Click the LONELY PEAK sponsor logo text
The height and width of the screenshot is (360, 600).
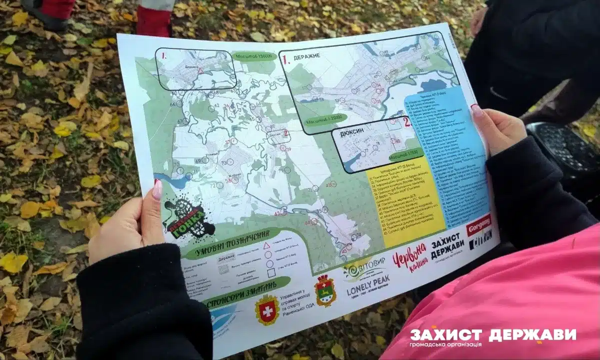click(368, 285)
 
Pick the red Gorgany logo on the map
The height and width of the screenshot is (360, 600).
click(478, 224)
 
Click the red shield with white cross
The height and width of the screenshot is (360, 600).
click(267, 309)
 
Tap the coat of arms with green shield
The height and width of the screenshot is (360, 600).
click(325, 290)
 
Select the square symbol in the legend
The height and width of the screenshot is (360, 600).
click(271, 273)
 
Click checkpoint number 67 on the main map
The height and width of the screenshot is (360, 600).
click(180, 121)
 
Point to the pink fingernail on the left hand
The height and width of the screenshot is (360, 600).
click(157, 189)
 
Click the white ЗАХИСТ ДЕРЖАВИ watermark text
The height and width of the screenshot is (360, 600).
click(492, 334)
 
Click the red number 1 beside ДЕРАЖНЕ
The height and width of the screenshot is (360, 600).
click(286, 60)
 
